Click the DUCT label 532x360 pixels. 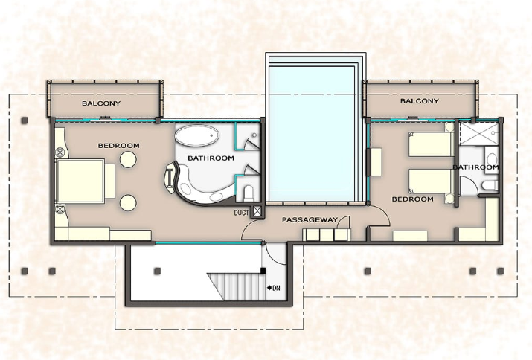(241, 213)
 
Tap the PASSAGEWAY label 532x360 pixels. (310, 220)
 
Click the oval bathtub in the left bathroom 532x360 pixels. (196, 135)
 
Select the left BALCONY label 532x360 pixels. (101, 103)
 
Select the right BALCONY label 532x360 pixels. (420, 100)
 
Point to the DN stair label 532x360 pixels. (276, 288)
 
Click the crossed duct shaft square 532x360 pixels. (257, 212)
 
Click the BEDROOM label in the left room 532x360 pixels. (119, 146)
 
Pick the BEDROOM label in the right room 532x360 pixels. (412, 199)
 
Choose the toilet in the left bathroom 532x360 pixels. (249, 193)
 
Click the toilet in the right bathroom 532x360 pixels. (490, 186)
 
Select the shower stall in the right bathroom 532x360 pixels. (479, 134)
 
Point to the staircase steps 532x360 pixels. (235, 286)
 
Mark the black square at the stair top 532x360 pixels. (263, 271)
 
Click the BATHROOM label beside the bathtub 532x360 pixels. (211, 158)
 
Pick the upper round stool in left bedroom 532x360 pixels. (128, 159)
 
